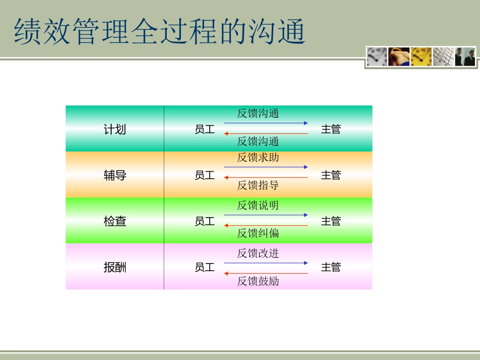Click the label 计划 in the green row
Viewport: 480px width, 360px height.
point(115,130)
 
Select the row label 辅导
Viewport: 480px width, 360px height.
point(115,176)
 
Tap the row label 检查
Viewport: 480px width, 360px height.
point(115,221)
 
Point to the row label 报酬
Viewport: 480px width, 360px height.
point(115,267)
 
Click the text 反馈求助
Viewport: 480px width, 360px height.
point(258,158)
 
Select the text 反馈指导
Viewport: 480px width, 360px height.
point(258,185)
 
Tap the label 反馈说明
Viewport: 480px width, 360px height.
point(258,205)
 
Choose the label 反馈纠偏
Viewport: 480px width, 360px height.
point(258,233)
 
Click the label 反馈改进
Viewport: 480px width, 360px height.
point(258,253)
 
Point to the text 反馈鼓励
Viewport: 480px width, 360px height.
point(258,281)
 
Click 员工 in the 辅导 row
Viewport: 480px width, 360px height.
point(205,176)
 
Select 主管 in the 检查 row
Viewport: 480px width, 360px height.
point(331,221)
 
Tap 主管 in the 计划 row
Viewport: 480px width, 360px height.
point(331,130)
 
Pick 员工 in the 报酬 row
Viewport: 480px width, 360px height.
point(205,267)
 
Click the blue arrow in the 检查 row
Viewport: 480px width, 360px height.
point(266,215)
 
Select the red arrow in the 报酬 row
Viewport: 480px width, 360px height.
point(266,273)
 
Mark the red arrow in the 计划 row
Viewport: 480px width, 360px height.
point(266,133)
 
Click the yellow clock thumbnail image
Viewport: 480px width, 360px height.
point(421,57)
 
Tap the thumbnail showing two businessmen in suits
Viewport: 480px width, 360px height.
point(465,57)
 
